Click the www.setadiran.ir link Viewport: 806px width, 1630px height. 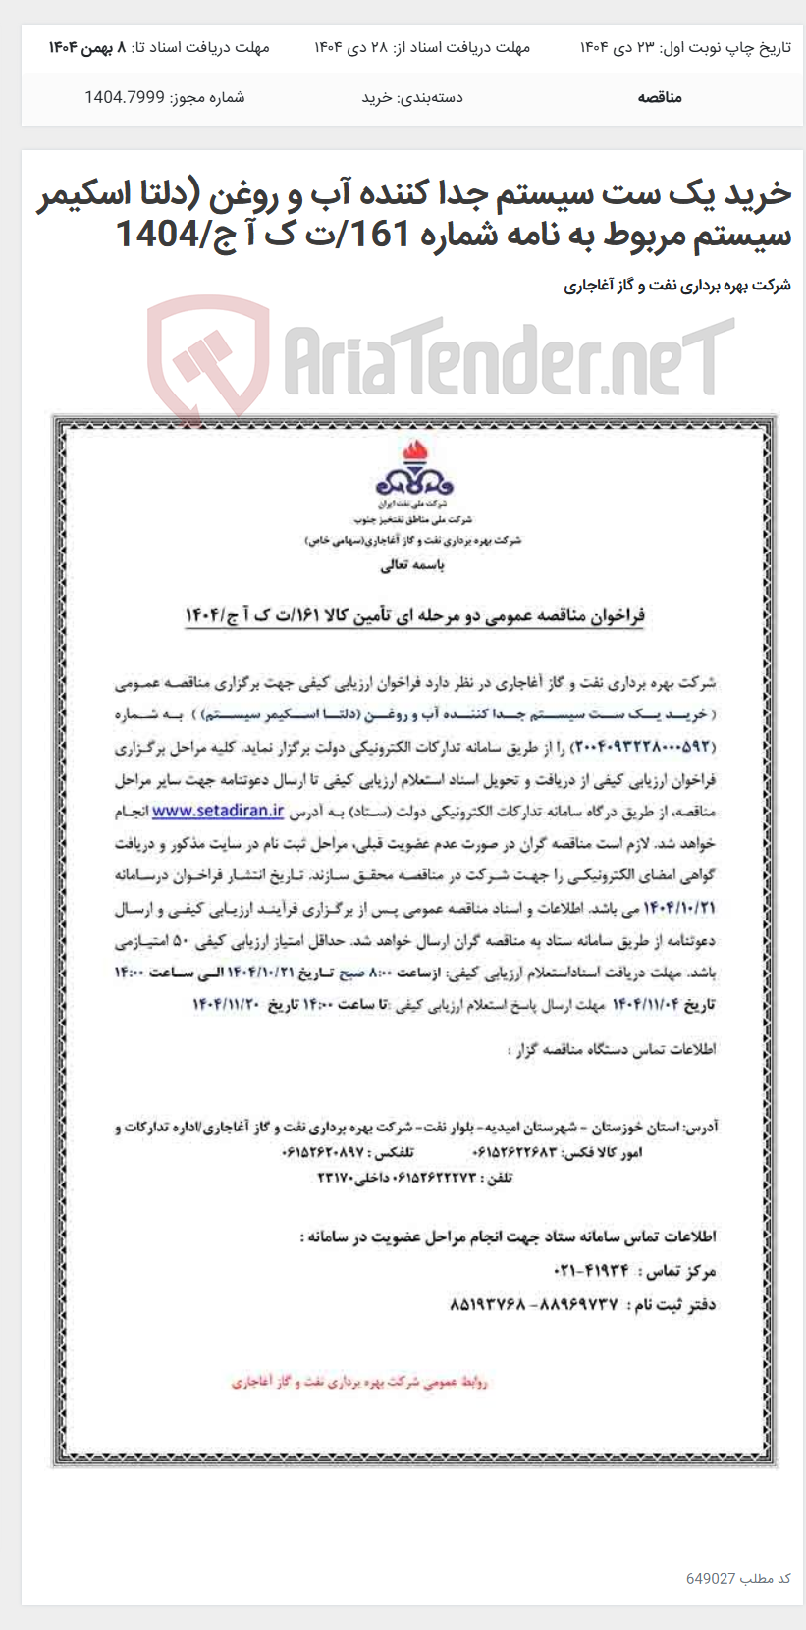tap(218, 811)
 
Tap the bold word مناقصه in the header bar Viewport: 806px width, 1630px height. tap(659, 97)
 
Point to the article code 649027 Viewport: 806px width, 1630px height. tap(711, 1578)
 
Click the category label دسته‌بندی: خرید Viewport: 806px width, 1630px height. tap(412, 97)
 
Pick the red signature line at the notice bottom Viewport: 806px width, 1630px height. tap(359, 1382)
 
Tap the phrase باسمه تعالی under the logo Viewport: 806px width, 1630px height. tap(412, 565)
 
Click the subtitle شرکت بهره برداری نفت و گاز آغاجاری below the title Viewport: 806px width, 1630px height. tap(677, 286)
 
